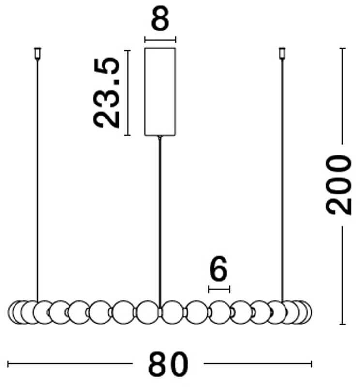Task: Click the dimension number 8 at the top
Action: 160,18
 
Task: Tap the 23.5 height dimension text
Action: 106,92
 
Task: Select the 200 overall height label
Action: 338,185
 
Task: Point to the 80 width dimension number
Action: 168,364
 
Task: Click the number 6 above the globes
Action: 218,268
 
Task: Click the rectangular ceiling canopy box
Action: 160,92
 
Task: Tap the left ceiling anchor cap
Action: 38,54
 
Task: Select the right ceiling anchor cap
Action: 282,54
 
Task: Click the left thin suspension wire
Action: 38,180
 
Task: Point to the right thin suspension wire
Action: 282,180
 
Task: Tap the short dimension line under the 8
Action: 160,40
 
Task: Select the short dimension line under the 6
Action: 219,289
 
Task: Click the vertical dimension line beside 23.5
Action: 127,93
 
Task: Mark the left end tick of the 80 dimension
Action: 8,364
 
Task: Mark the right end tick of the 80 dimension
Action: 311,364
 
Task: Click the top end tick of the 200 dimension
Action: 342,48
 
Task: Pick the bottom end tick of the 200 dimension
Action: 342,324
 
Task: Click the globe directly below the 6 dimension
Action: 220,312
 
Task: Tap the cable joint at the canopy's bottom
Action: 160,137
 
